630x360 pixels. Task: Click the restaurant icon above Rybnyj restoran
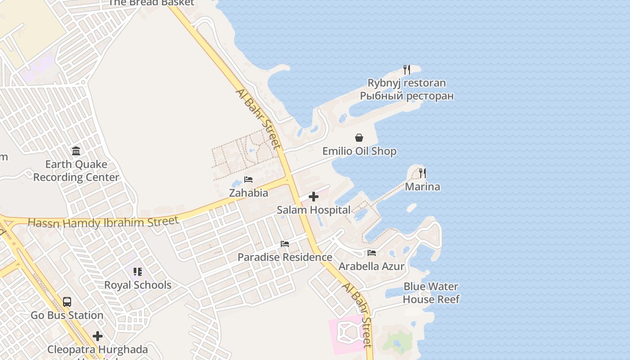pos(407,70)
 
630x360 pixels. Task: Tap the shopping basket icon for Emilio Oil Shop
pos(359,138)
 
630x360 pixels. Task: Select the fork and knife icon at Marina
pos(422,173)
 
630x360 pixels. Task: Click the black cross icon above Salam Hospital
pos(314,197)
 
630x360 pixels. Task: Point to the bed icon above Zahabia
pos(248,180)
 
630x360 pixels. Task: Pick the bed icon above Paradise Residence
pos(284,244)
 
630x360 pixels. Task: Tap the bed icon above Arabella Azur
pos(371,253)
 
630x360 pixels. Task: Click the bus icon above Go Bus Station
pos(67,302)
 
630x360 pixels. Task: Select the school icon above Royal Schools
pos(138,272)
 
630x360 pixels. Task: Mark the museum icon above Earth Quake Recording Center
pos(76,151)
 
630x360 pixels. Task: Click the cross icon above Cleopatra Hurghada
pos(98,336)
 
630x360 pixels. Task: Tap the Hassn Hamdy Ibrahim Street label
pos(103,222)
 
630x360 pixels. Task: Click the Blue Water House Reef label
pos(431,293)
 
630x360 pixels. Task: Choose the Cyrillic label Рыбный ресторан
pos(407,96)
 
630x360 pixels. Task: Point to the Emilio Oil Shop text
pos(360,151)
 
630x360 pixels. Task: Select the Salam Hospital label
pos(314,210)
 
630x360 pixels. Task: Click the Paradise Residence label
pos(285,257)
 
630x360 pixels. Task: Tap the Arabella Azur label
pos(372,266)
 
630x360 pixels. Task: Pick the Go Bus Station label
pos(67,315)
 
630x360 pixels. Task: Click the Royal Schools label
pos(138,285)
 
